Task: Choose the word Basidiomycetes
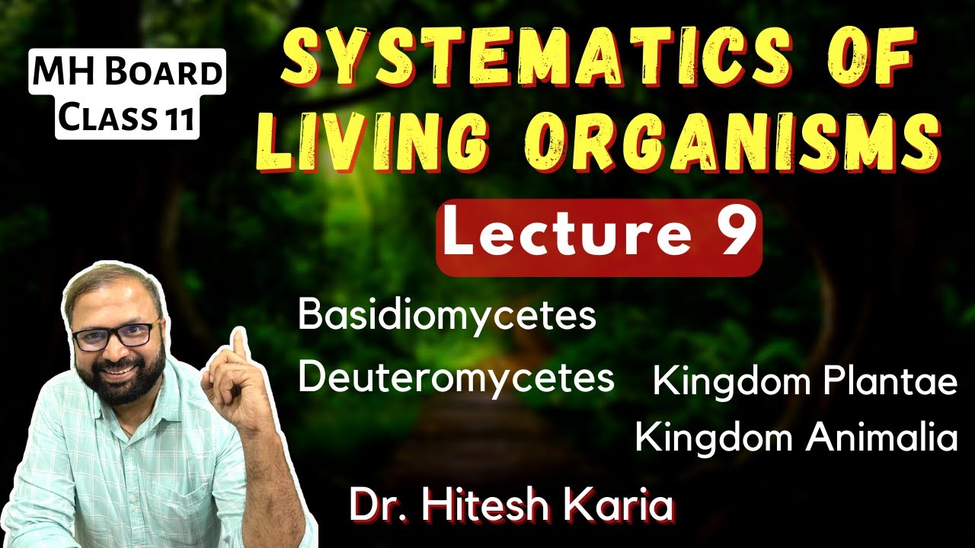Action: tap(447, 317)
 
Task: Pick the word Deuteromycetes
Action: tap(456, 377)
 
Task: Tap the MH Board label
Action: tap(127, 72)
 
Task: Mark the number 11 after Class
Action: tap(178, 119)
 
